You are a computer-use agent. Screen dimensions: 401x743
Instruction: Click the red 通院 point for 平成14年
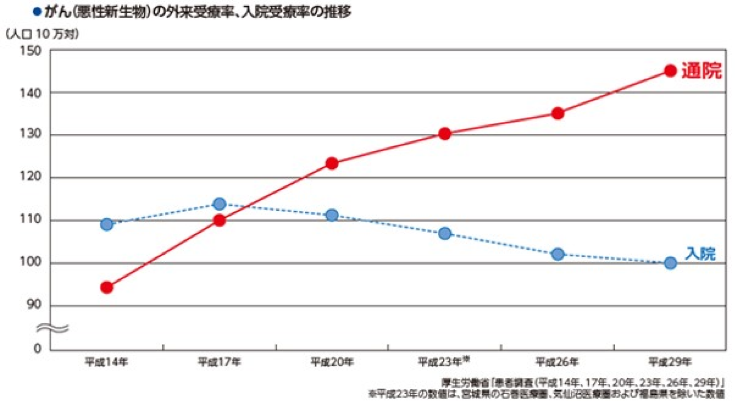click(107, 287)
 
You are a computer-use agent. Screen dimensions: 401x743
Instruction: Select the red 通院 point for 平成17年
click(219, 220)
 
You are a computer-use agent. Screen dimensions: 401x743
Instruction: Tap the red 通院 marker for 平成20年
click(332, 163)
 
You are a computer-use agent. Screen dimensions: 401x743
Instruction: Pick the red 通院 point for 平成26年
click(558, 113)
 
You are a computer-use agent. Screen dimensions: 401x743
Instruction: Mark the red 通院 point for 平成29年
click(671, 71)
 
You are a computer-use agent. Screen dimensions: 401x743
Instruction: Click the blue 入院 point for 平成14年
click(107, 224)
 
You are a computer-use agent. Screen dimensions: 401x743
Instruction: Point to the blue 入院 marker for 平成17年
click(219, 203)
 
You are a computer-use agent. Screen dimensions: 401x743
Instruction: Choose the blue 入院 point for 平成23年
click(445, 233)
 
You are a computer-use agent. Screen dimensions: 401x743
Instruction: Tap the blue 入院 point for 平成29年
click(671, 263)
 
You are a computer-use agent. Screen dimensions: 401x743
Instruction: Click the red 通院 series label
click(701, 71)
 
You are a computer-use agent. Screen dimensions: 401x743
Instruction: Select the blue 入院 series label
click(700, 253)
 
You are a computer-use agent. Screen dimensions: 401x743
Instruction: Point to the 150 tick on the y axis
click(30, 50)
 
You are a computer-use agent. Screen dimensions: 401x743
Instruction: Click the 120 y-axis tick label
click(30, 177)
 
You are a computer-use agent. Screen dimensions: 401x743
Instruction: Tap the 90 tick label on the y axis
click(33, 305)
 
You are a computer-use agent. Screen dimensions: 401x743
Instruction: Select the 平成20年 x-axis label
click(332, 362)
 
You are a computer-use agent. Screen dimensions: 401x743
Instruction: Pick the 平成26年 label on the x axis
click(557, 362)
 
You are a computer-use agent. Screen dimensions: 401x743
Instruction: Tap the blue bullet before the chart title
click(37, 11)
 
